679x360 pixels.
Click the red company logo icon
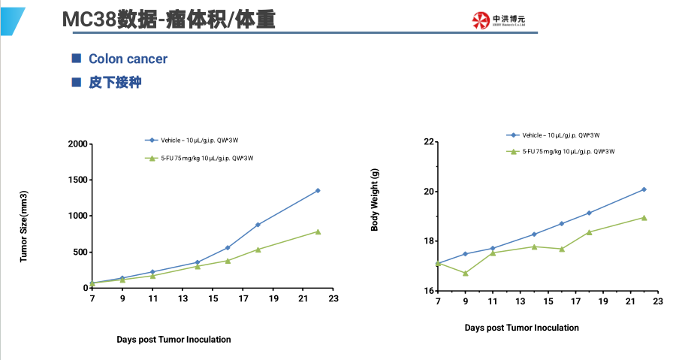[481, 20]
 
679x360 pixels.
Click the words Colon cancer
[128, 59]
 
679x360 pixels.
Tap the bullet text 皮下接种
[114, 82]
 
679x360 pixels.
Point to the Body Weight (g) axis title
[375, 199]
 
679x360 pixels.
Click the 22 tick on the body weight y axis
[429, 141]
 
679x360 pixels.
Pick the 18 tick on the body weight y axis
[429, 241]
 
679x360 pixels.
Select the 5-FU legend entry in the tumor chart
[207, 158]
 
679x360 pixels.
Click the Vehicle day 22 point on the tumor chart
[318, 190]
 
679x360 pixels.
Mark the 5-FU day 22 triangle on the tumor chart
[318, 231]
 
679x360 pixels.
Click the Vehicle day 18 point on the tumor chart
[258, 225]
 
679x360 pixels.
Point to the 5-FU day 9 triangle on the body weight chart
[465, 274]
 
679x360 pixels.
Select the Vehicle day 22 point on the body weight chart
[644, 189]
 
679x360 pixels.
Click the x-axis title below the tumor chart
[174, 339]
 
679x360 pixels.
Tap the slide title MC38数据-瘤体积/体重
[168, 18]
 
